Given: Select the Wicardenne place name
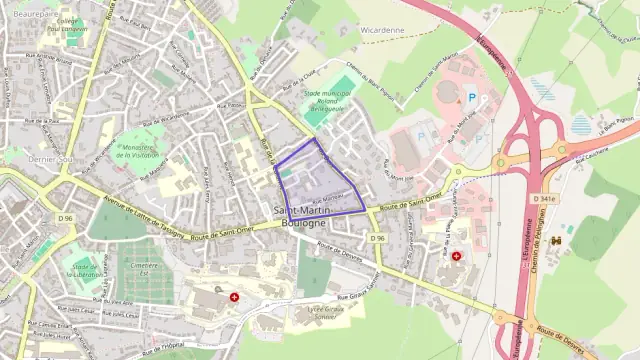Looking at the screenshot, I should [x=382, y=30].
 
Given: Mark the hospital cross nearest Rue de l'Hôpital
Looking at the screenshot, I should [x=235, y=297].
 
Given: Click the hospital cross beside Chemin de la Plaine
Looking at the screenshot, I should [x=457, y=256].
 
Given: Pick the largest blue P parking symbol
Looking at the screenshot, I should [x=472, y=98].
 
